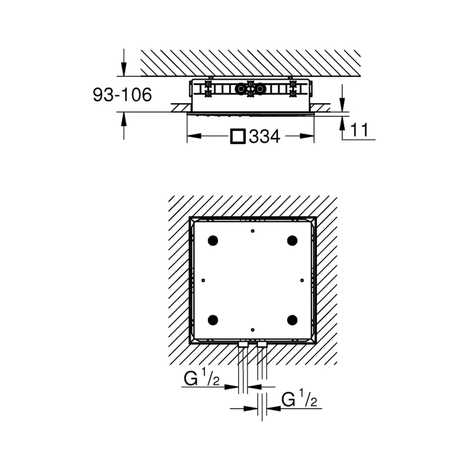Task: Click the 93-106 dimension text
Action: [x=122, y=95]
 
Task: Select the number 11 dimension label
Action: [x=360, y=130]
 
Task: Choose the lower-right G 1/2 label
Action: [x=299, y=401]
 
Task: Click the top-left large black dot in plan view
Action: [x=213, y=241]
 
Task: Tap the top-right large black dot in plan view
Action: [x=292, y=241]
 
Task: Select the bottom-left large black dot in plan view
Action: [x=213, y=320]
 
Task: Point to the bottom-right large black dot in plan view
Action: [x=292, y=320]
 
